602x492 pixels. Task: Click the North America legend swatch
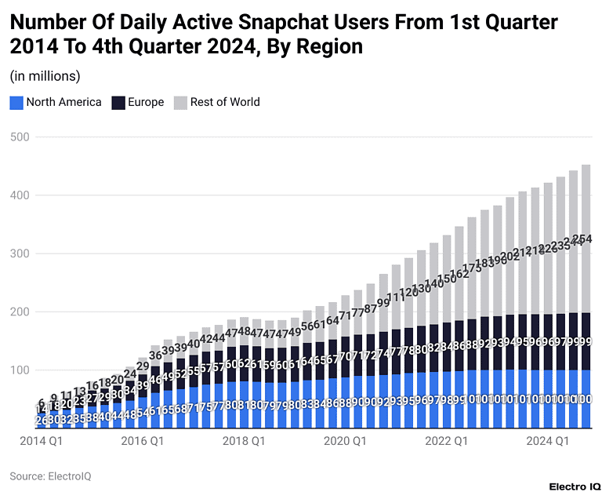point(16,102)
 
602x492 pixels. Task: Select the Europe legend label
point(146,102)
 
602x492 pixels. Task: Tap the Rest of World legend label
point(225,102)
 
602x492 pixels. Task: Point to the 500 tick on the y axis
point(20,137)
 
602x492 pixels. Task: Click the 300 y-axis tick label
point(20,253)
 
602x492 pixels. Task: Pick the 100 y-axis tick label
point(20,370)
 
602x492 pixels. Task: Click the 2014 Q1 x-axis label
point(40,442)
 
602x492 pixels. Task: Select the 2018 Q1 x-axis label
point(244,442)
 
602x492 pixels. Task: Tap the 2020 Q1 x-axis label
point(346,442)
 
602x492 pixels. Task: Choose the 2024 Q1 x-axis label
point(548,442)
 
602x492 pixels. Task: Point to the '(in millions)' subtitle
point(45,76)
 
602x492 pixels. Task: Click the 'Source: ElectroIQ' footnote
point(49,476)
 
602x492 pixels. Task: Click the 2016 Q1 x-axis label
point(142,442)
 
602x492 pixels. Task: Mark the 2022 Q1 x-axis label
point(446,442)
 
